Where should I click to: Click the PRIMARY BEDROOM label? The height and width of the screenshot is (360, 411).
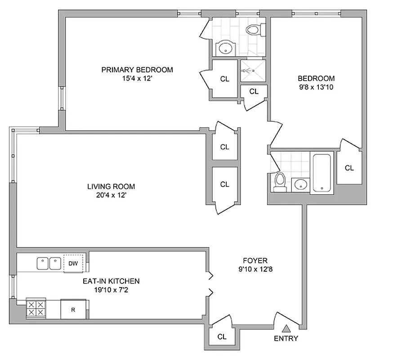137,70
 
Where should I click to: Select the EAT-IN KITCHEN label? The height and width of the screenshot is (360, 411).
111,281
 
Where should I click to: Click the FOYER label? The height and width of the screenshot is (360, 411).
255,261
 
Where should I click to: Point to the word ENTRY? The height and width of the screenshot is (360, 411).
286,338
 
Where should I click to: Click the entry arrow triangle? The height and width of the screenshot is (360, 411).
286,328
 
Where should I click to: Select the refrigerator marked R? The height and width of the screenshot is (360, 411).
73,310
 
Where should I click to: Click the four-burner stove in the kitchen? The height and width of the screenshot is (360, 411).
36,309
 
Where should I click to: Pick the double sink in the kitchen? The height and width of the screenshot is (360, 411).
49,262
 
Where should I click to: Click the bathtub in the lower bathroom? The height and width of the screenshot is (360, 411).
322,173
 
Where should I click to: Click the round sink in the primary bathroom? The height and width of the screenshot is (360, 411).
224,48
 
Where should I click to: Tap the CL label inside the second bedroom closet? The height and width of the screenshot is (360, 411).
349,168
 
